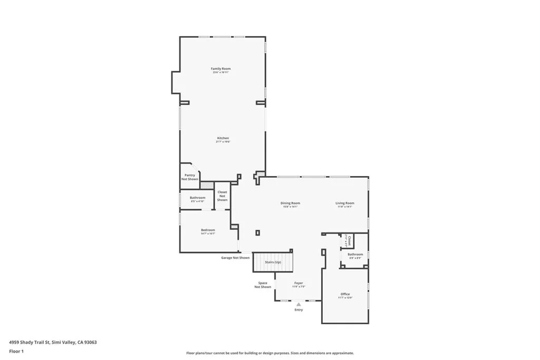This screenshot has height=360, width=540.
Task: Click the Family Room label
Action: [x=221, y=69]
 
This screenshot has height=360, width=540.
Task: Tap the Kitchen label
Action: [x=223, y=139]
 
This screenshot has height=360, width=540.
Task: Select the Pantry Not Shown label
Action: [x=190, y=177]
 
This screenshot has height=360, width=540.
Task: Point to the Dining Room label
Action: [x=290, y=203]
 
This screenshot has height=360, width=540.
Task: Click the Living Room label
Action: [x=345, y=203]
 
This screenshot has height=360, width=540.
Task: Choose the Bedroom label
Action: [x=208, y=230]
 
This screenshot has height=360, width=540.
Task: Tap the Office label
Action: [x=345, y=295]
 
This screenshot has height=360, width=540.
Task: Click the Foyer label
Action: [x=298, y=284]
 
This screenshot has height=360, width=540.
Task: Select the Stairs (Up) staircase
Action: [x=273, y=262]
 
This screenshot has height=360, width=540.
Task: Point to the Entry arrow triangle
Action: [x=298, y=304]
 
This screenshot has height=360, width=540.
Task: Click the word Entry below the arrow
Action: [x=298, y=310]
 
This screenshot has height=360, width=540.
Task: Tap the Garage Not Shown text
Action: [x=235, y=258]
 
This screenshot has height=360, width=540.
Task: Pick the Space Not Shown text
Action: [x=263, y=285]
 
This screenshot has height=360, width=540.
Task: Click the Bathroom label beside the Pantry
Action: [x=197, y=198]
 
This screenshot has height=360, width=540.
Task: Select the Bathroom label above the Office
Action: [x=355, y=255]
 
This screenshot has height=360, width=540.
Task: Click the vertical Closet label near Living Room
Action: [x=349, y=241]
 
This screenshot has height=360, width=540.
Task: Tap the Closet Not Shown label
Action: [x=222, y=196]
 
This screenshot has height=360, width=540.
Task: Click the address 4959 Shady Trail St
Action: [x=53, y=342]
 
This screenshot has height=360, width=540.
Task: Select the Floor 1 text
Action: [x=16, y=351]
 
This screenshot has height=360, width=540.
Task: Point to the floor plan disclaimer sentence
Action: [x=270, y=353]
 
